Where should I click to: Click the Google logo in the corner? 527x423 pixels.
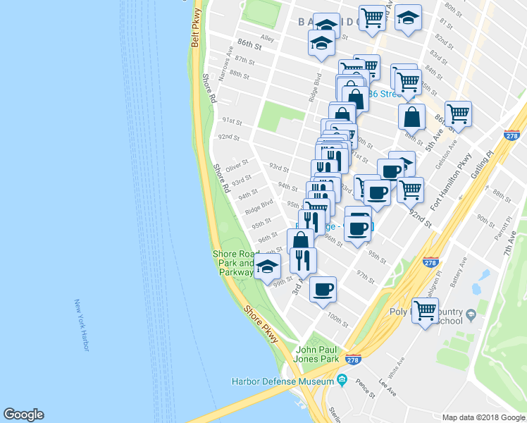[23, 415]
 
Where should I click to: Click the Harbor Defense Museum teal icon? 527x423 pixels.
[342, 381]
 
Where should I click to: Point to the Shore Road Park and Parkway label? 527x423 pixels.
[235, 263]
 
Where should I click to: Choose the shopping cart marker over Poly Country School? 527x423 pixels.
[426, 310]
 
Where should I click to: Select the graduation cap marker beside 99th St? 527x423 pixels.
[267, 267]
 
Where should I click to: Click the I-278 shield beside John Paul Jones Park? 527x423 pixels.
[354, 360]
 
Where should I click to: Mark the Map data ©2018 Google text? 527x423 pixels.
[483, 417]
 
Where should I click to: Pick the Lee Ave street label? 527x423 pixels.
[387, 385]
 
